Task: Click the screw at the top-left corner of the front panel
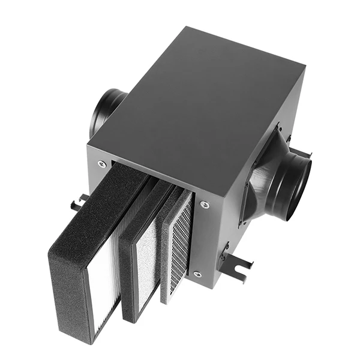click(101, 163)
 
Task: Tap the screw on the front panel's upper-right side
click(205, 205)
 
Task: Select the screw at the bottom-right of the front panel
click(197, 274)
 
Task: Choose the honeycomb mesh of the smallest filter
click(180, 240)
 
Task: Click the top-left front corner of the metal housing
click(88, 144)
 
